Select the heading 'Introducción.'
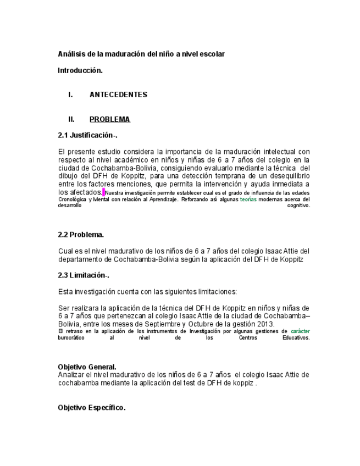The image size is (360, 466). pos(80,70)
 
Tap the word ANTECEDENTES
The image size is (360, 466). pos(118,95)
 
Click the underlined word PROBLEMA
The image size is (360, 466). pos(109,119)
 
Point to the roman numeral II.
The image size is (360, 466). pos(71,119)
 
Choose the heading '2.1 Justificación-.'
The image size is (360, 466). pos(88,135)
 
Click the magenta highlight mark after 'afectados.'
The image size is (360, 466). pos(103,192)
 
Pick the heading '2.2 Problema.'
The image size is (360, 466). pos(81,235)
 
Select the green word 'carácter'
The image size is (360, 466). pos(300,332)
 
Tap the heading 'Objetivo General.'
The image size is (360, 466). pos(87,367)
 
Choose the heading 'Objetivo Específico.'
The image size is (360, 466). pos(92,408)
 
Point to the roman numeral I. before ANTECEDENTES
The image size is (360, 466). pos(71,95)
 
